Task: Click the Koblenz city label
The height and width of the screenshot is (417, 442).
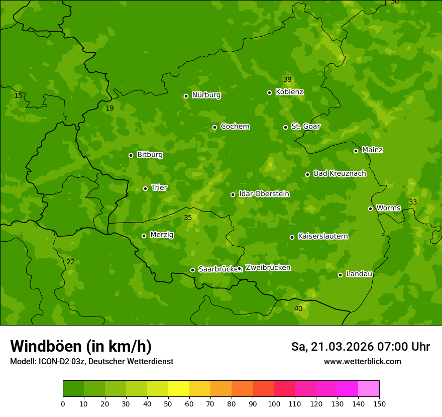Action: tap(289, 92)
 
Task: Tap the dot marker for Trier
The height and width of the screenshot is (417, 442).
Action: tap(145, 188)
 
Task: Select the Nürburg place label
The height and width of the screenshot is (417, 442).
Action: tap(206, 95)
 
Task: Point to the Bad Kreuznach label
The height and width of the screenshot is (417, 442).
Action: tap(340, 174)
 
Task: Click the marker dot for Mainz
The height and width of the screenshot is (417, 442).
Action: tap(356, 151)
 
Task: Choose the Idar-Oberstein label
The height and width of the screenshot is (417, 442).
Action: tap(264, 194)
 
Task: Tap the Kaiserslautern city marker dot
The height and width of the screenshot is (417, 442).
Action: tap(292, 237)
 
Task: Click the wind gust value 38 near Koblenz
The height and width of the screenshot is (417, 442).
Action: tap(287, 79)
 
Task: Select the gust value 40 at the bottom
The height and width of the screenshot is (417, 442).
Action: tap(298, 308)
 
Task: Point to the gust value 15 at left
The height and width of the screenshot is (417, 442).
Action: tap(18, 95)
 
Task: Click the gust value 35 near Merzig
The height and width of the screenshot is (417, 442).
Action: tap(188, 218)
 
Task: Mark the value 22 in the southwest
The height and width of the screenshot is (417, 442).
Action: tap(70, 262)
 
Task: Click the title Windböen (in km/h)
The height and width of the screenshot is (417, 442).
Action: tap(81, 346)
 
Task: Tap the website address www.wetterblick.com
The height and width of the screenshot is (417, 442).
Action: tap(362, 361)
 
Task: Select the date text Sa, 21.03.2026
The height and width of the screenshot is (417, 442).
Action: tap(333, 347)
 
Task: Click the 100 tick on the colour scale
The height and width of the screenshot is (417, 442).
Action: tap(274, 403)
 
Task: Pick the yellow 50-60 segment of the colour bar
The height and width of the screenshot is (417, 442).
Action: tap(179, 389)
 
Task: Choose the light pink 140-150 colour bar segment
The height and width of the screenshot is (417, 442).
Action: tap(369, 389)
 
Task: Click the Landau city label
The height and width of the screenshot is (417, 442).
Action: tap(359, 274)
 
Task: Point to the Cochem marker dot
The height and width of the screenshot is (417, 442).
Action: tap(214, 127)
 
